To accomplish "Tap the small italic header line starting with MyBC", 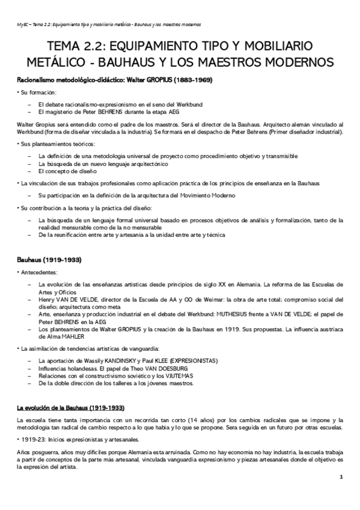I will [x=109, y=25].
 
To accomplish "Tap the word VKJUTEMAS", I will [x=175, y=376].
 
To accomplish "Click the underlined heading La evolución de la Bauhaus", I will [x=71, y=407].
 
